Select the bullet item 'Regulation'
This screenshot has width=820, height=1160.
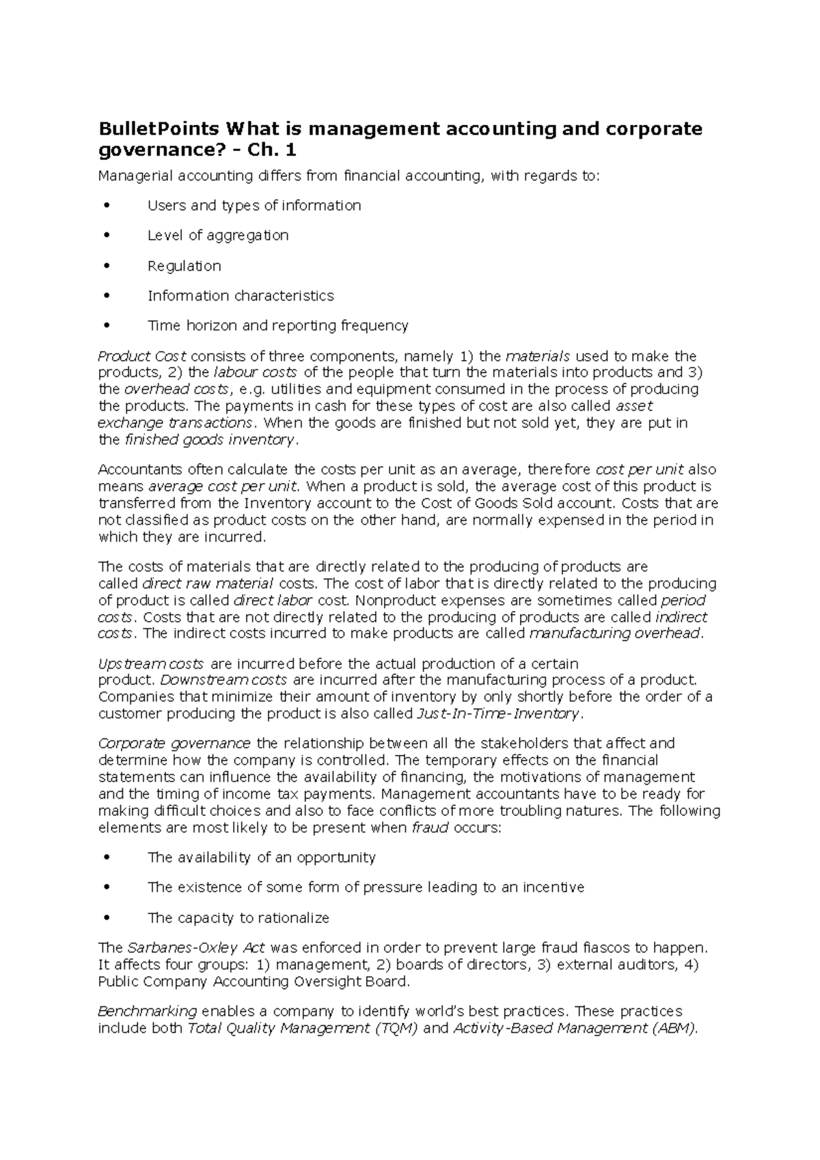(x=184, y=266)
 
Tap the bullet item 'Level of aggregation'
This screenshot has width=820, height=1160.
(x=218, y=236)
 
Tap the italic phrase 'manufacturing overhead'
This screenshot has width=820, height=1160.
(x=615, y=633)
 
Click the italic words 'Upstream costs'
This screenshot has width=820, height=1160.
(x=151, y=664)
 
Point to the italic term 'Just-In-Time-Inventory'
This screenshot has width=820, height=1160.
(x=497, y=714)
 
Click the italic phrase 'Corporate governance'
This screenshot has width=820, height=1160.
(x=174, y=743)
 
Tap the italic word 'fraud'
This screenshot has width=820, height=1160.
(x=430, y=828)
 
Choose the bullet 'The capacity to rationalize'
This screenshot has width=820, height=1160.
(x=238, y=918)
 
